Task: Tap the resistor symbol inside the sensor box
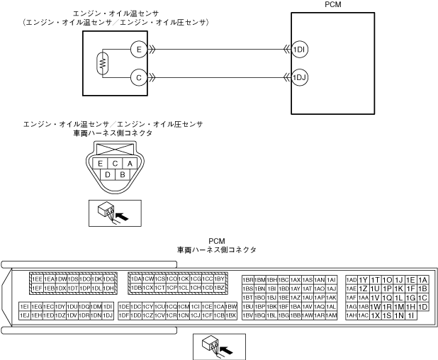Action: click(103, 64)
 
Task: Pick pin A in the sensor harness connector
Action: click(130, 163)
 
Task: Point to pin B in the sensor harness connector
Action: click(122, 174)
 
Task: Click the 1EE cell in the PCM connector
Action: click(37, 279)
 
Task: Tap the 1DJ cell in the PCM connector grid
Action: click(108, 315)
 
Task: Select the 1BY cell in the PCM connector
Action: click(220, 279)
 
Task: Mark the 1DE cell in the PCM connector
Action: click(124, 305)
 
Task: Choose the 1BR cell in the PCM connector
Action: click(248, 280)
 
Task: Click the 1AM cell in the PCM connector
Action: click(331, 315)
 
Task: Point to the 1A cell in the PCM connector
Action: click(423, 280)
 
